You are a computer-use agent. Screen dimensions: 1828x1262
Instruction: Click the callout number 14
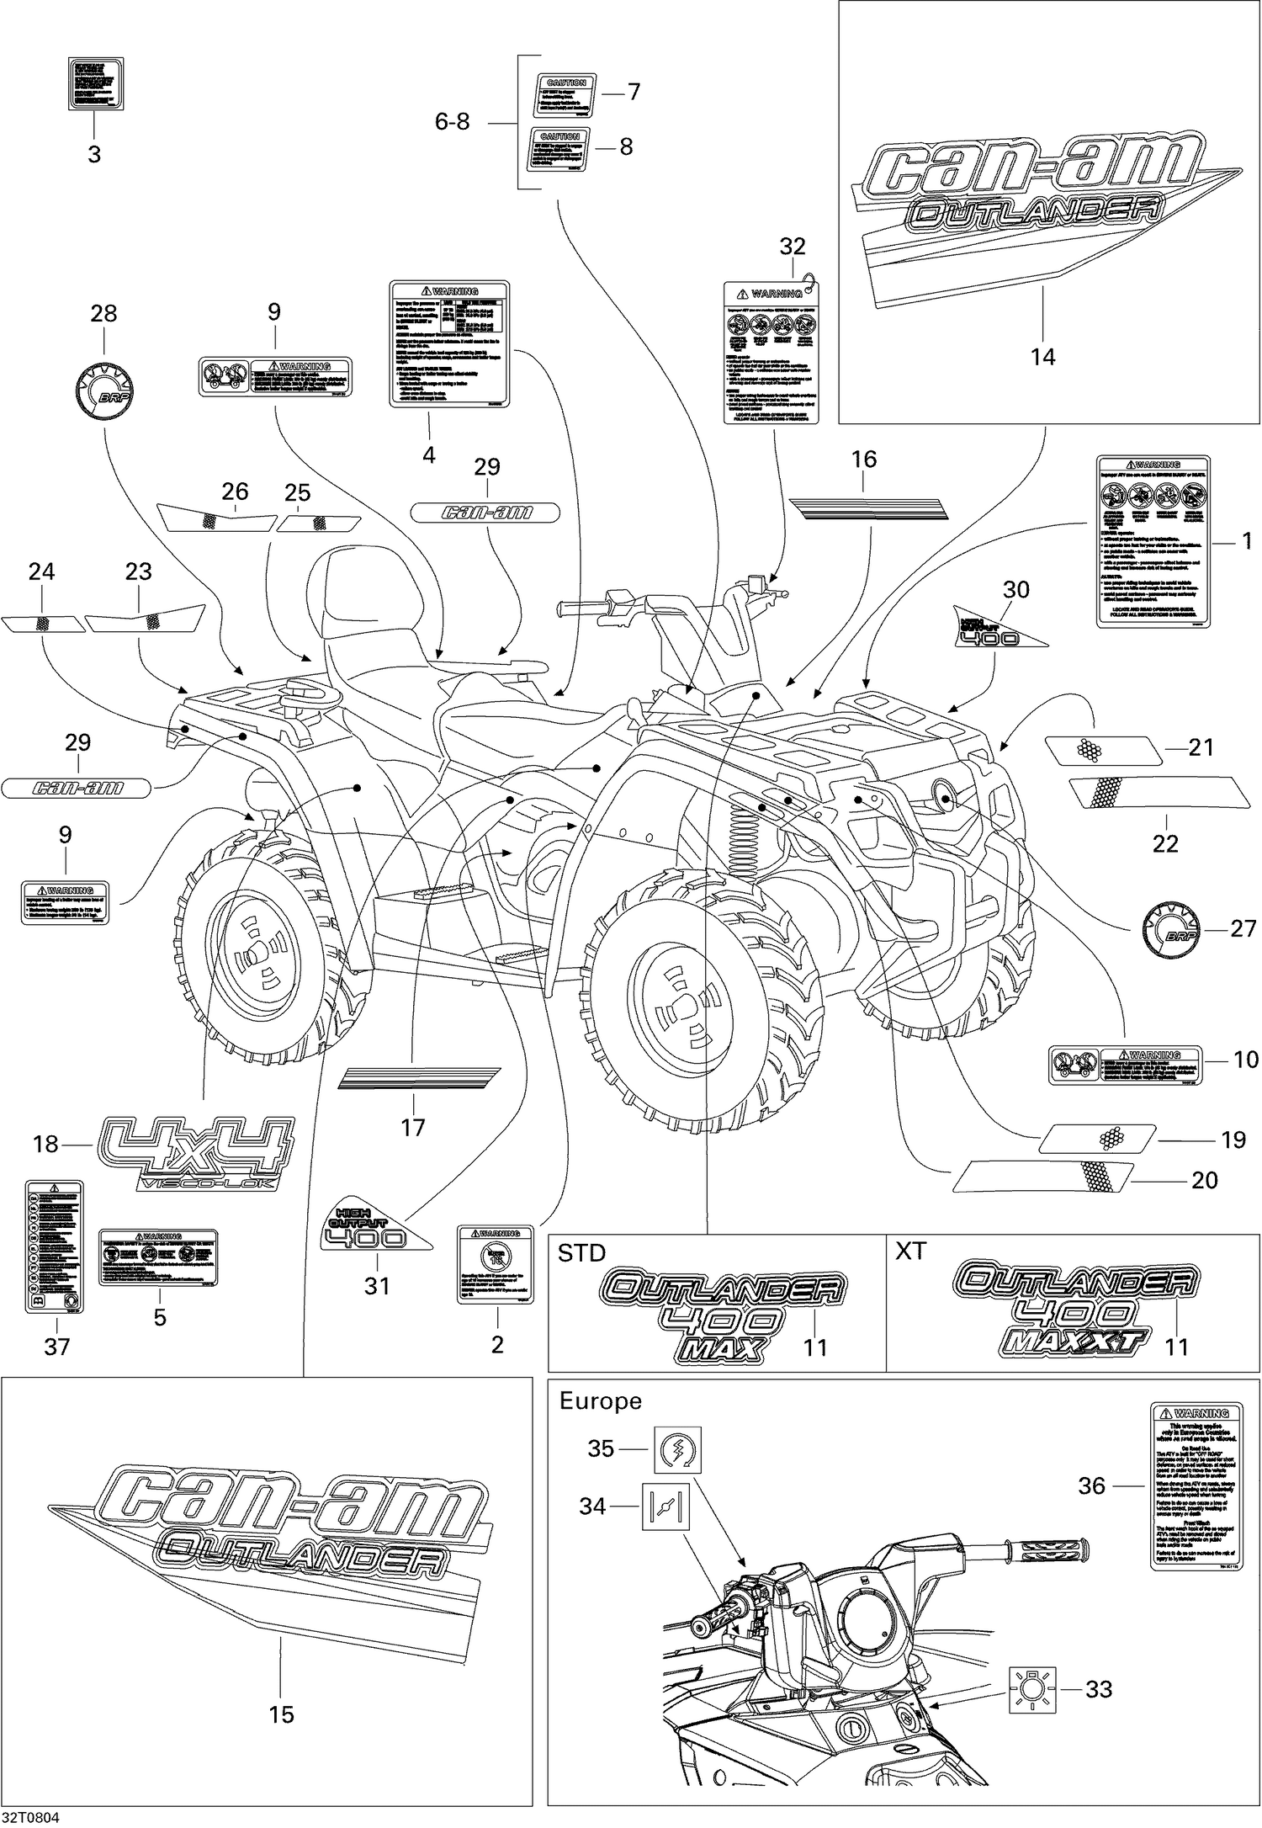1042,357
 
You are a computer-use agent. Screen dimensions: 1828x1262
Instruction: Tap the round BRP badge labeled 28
105,393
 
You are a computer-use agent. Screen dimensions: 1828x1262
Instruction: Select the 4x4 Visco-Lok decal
197,1153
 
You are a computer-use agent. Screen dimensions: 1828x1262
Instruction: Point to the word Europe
600,1401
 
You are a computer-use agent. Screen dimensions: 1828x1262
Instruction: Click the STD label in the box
581,1253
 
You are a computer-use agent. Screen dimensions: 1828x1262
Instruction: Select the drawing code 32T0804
30,1818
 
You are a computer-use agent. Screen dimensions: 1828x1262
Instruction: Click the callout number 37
56,1347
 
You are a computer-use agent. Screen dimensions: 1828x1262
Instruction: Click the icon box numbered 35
677,1449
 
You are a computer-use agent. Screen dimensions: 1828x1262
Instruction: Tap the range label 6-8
452,122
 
